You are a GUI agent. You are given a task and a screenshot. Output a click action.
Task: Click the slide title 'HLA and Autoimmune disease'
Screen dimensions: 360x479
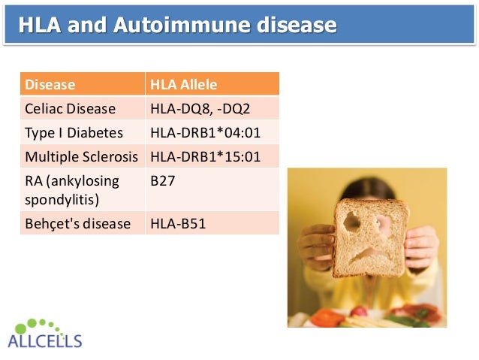(177, 25)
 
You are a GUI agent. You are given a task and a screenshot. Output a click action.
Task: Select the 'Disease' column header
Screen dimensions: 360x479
(50, 84)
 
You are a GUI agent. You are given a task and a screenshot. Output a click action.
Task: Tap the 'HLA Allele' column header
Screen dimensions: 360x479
(183, 84)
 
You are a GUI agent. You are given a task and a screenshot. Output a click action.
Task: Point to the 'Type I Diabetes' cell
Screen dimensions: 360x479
(74, 133)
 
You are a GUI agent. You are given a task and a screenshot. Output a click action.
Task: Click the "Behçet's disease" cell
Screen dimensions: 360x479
(78, 224)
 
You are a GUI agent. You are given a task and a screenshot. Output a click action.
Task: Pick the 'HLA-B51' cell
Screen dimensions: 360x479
(177, 224)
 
